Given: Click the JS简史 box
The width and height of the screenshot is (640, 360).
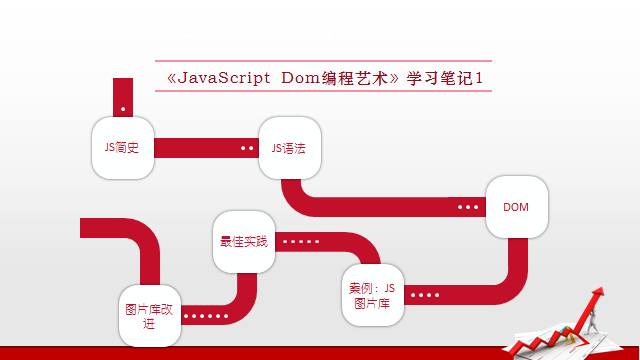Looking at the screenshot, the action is pyautogui.click(x=122, y=148).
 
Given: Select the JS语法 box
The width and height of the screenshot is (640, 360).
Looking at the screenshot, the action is pyautogui.click(x=289, y=148).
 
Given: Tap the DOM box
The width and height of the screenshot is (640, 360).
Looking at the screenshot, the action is pyautogui.click(x=516, y=207).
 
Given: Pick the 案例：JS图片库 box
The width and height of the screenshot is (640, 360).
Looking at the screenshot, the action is pyautogui.click(x=372, y=295).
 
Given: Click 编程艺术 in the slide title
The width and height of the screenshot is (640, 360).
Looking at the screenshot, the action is pyautogui.click(x=361, y=78).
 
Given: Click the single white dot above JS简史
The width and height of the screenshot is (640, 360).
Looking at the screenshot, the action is pyautogui.click(x=123, y=107).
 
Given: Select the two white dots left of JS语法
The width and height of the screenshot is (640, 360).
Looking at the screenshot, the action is pyautogui.click(x=247, y=148).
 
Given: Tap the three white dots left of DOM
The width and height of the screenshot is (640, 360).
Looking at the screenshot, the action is pyautogui.click(x=468, y=207).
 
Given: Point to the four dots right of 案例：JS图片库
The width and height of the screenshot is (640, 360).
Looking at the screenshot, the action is pyautogui.click(x=424, y=295).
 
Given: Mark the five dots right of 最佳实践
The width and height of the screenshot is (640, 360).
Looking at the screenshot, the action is pyautogui.click(x=301, y=241).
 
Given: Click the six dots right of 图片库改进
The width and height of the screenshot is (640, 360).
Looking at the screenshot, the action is pyautogui.click(x=207, y=316).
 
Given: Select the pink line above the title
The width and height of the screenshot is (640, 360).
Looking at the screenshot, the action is pyautogui.click(x=324, y=61).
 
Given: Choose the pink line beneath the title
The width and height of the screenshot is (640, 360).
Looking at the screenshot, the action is pyautogui.click(x=324, y=91).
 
